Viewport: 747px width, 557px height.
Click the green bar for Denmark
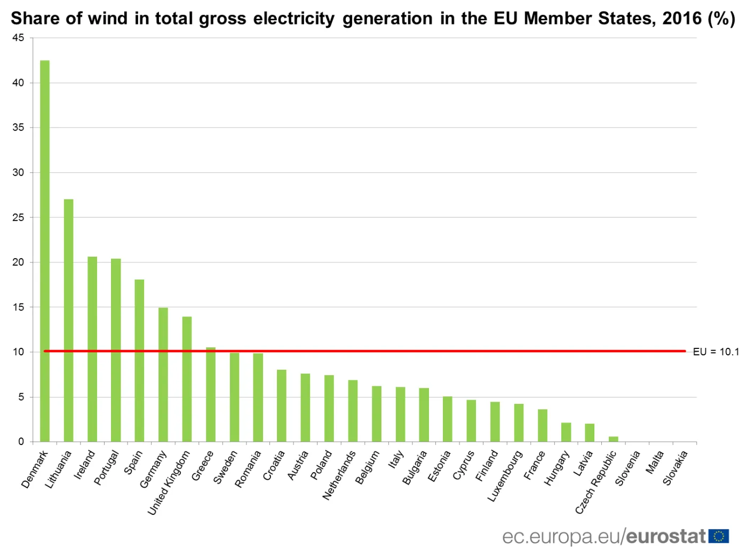[45, 251]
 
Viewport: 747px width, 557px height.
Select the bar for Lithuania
[68, 320]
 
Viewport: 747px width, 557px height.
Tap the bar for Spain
[139, 361]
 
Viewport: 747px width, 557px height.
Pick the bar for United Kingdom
[187, 379]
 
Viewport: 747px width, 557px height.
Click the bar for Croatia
[282, 405]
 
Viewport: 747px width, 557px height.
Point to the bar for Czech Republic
[614, 439]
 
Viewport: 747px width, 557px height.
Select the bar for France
[543, 425]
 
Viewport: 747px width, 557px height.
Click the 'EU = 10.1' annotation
[716, 352]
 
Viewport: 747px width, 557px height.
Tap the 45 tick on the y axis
[18, 38]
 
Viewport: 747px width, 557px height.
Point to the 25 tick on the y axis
[18, 217]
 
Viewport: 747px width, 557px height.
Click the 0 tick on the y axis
[21, 441]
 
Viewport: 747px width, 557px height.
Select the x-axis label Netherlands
[339, 475]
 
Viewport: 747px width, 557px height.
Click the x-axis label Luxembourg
[505, 476]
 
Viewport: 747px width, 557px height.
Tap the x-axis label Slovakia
[676, 468]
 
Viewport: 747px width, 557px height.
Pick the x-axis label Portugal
[106, 467]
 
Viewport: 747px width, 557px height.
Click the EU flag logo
[719, 536]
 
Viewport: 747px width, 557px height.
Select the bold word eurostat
[666, 536]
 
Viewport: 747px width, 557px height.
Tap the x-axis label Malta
[655, 462]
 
